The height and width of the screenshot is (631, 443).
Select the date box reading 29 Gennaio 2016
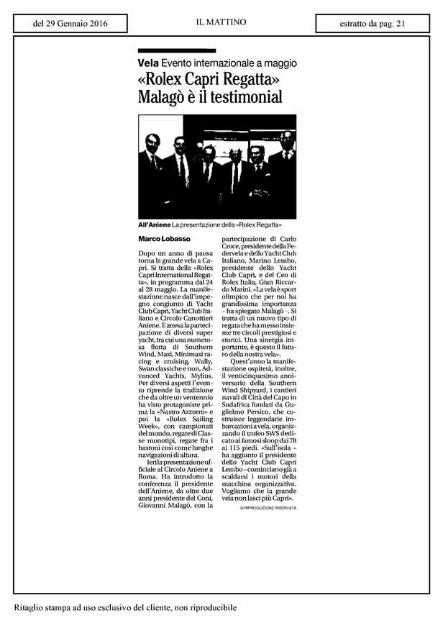tap(70, 23)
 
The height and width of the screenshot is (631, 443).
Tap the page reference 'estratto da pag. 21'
tap(372, 23)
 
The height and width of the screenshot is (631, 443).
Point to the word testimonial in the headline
tap(242, 96)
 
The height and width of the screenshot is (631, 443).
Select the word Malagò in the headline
tap(165, 96)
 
